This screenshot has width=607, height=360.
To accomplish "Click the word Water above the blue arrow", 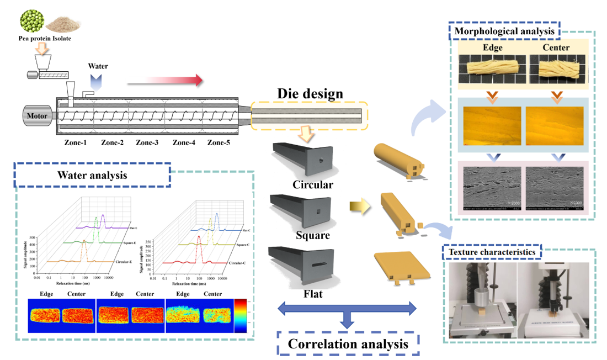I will [99, 66].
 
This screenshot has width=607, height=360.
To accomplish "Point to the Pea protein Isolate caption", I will [45, 39].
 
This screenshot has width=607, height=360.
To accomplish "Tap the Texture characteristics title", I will [492, 252].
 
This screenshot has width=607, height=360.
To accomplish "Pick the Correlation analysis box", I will [348, 343].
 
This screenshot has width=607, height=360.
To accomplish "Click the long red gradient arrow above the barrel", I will [164, 81].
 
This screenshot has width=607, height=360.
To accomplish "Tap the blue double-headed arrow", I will [347, 308].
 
